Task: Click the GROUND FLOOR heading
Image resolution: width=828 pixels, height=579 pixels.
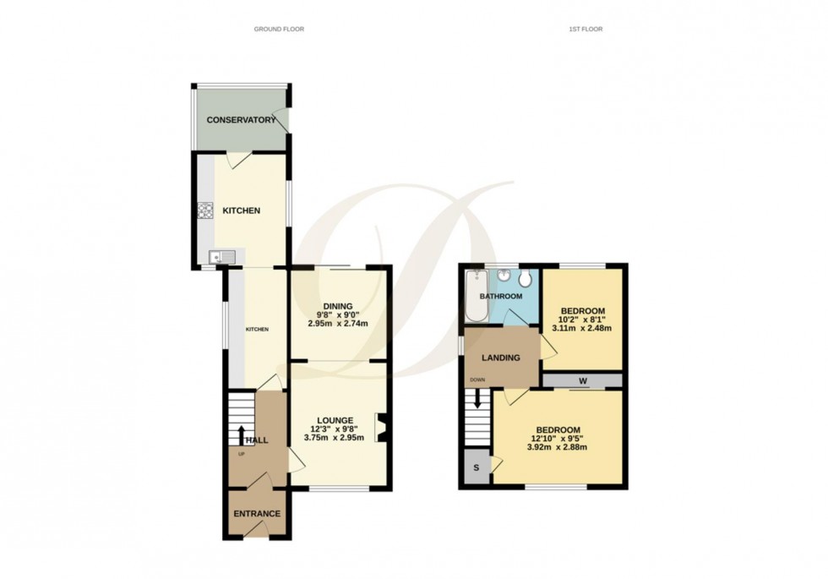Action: [x=279, y=30]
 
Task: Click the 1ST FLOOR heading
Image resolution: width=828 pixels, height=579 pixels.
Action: [x=586, y=30]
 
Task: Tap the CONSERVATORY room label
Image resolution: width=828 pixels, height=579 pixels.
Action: [x=242, y=120]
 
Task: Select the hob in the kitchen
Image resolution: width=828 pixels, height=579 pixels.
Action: [x=204, y=210]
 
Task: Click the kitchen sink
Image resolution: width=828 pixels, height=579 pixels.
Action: [x=216, y=257]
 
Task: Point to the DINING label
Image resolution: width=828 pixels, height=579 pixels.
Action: [x=336, y=306]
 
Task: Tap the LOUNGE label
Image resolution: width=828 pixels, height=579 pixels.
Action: [x=335, y=420]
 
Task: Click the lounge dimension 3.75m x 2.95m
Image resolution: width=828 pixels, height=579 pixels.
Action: [x=335, y=438]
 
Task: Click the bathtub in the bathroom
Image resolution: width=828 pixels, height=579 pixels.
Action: [x=474, y=297]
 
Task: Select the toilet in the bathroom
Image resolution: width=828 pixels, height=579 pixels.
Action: [x=526, y=278]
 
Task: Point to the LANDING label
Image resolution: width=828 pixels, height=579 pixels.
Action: [x=501, y=358]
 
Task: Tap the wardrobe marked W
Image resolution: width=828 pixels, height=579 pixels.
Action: [x=583, y=380]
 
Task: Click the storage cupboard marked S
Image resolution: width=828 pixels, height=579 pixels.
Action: [x=476, y=468]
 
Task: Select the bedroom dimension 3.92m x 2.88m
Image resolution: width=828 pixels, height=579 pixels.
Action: [x=558, y=447]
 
